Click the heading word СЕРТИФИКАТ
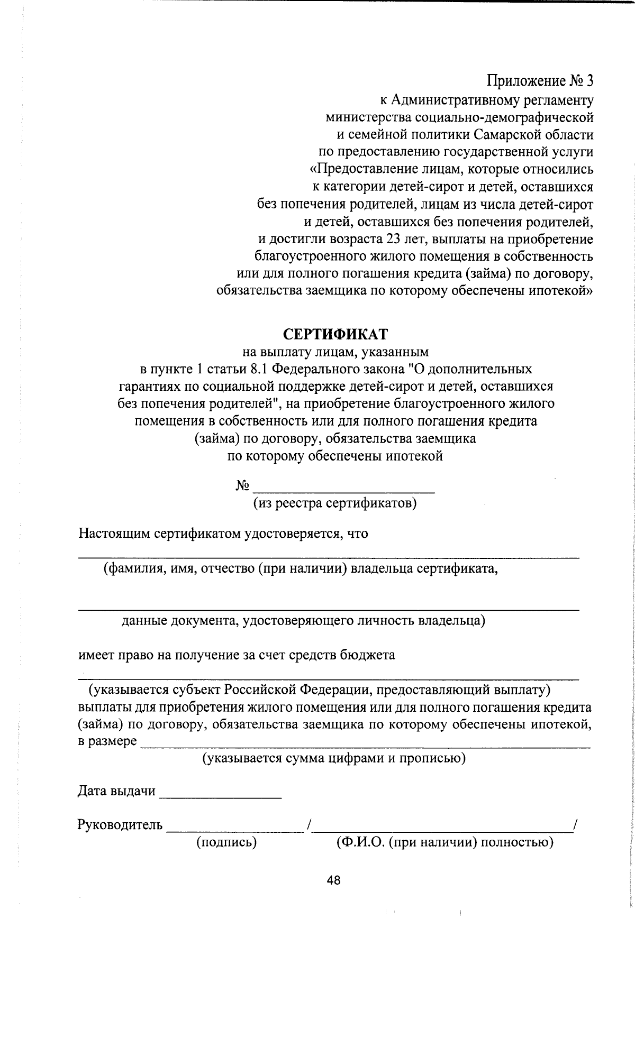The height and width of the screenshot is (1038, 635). pyautogui.click(x=335, y=334)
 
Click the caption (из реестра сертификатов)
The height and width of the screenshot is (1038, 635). pyautogui.click(x=335, y=503)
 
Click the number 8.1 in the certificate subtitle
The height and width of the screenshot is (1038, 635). pyautogui.click(x=258, y=369)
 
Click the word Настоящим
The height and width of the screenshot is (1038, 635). pyautogui.click(x=115, y=533)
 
